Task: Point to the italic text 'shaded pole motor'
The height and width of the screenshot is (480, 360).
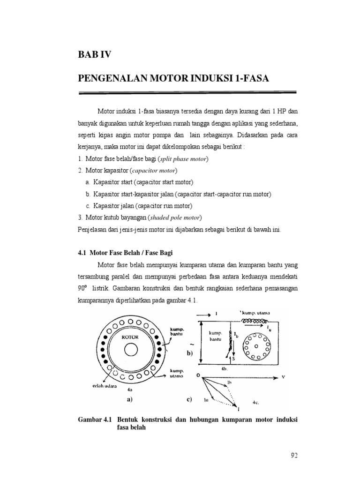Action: (x=175, y=217)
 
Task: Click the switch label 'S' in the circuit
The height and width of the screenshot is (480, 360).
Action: (x=233, y=359)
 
